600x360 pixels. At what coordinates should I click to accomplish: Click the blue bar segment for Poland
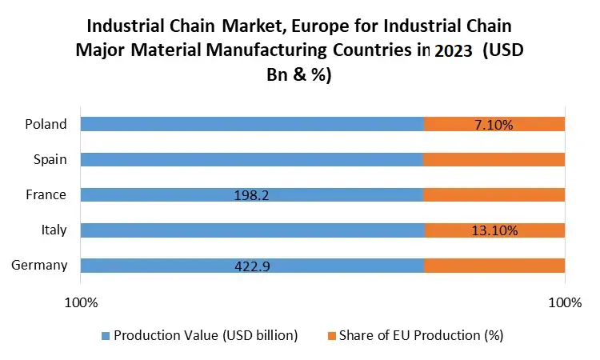(252, 124)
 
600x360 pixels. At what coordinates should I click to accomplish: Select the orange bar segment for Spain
(494, 159)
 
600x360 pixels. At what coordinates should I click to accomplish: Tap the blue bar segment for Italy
(252, 230)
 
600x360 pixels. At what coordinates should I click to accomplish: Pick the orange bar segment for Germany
(494, 266)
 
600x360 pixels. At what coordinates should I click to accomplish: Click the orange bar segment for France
(494, 194)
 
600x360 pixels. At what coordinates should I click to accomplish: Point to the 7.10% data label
(493, 124)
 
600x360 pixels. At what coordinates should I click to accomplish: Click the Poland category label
(46, 124)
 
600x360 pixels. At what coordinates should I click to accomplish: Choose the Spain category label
(50, 159)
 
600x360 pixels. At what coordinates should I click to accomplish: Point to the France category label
(47, 194)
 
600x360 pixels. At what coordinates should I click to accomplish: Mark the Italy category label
(54, 230)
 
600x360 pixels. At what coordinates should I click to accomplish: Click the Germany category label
(39, 266)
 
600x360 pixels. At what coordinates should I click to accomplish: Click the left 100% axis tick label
(81, 303)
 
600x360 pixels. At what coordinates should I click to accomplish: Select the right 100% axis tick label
(565, 303)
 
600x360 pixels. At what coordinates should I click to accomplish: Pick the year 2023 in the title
(453, 50)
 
